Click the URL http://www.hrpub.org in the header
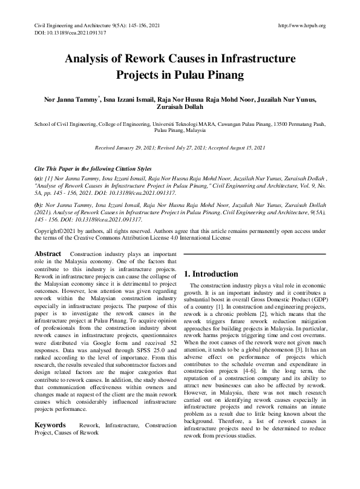tap(301, 25)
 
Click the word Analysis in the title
tap(96, 60)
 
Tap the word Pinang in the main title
tap(223, 76)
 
